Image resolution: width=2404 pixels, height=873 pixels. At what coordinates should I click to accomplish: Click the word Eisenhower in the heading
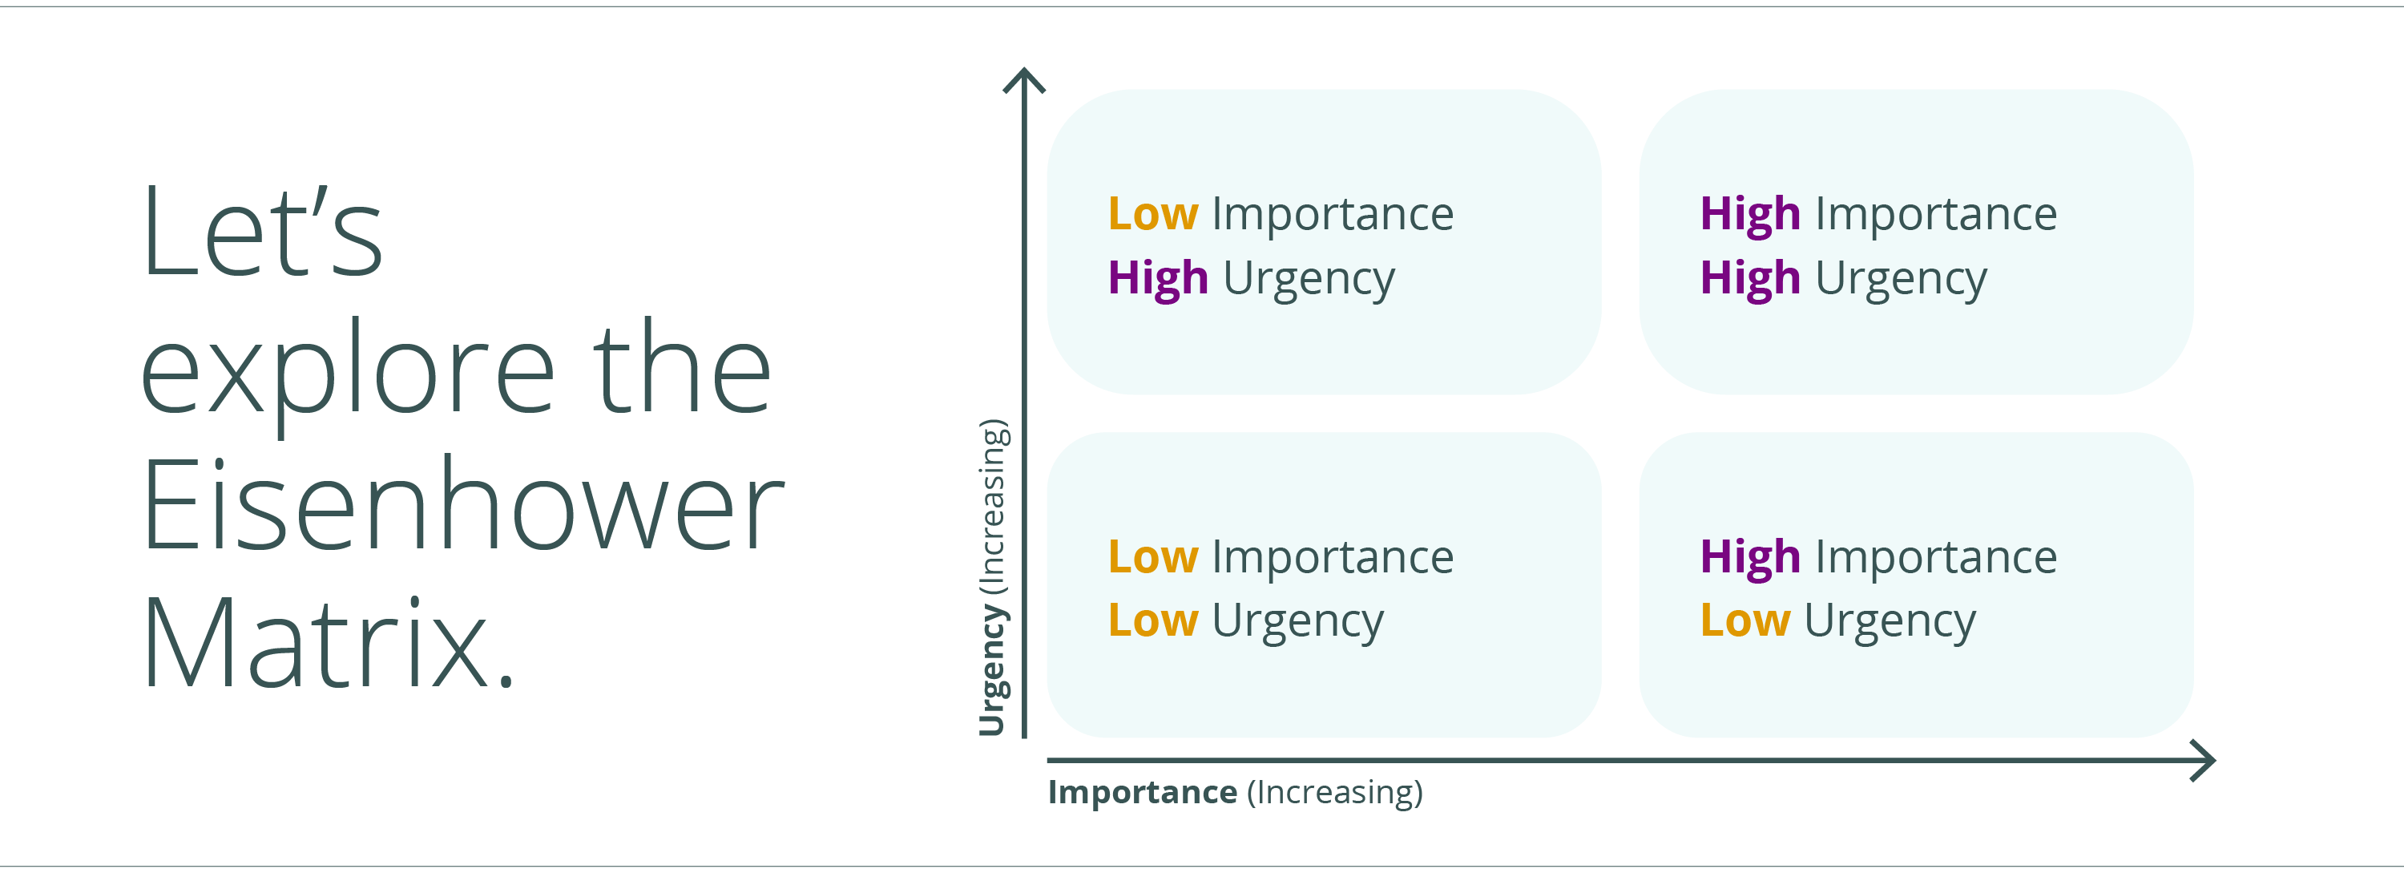463,507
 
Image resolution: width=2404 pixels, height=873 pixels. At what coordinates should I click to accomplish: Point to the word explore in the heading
348,372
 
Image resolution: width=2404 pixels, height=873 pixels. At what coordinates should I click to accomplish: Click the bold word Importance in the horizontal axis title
1142,792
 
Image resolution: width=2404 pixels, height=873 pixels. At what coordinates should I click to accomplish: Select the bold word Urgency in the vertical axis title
992,669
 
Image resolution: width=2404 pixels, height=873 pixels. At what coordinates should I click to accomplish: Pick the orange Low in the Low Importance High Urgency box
1152,214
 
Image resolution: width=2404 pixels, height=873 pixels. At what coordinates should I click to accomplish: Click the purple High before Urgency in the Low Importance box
1158,278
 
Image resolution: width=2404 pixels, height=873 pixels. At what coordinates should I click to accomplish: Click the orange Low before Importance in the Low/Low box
1152,557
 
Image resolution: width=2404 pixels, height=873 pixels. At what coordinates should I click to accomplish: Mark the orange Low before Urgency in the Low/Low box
1152,621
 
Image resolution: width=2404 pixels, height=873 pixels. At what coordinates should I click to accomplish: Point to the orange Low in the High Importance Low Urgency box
1745,621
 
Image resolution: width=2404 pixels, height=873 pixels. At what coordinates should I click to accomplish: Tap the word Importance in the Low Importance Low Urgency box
1333,557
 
